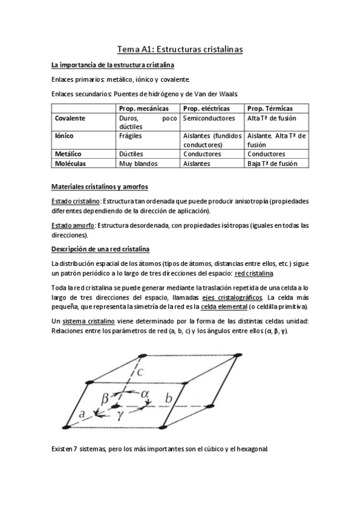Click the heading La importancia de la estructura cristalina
click(x=113, y=65)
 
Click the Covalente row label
click(x=70, y=118)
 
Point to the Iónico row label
click(x=64, y=136)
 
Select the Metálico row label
click(x=67, y=153)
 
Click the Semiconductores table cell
click(x=209, y=118)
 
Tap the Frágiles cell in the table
click(x=132, y=136)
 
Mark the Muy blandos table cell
click(x=138, y=163)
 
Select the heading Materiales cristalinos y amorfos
click(x=100, y=186)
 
